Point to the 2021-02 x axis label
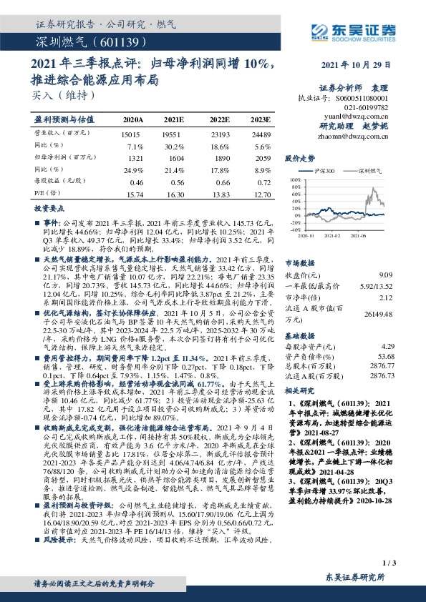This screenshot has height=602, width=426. pos(331,234)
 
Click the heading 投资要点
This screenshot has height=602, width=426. pos(50,209)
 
